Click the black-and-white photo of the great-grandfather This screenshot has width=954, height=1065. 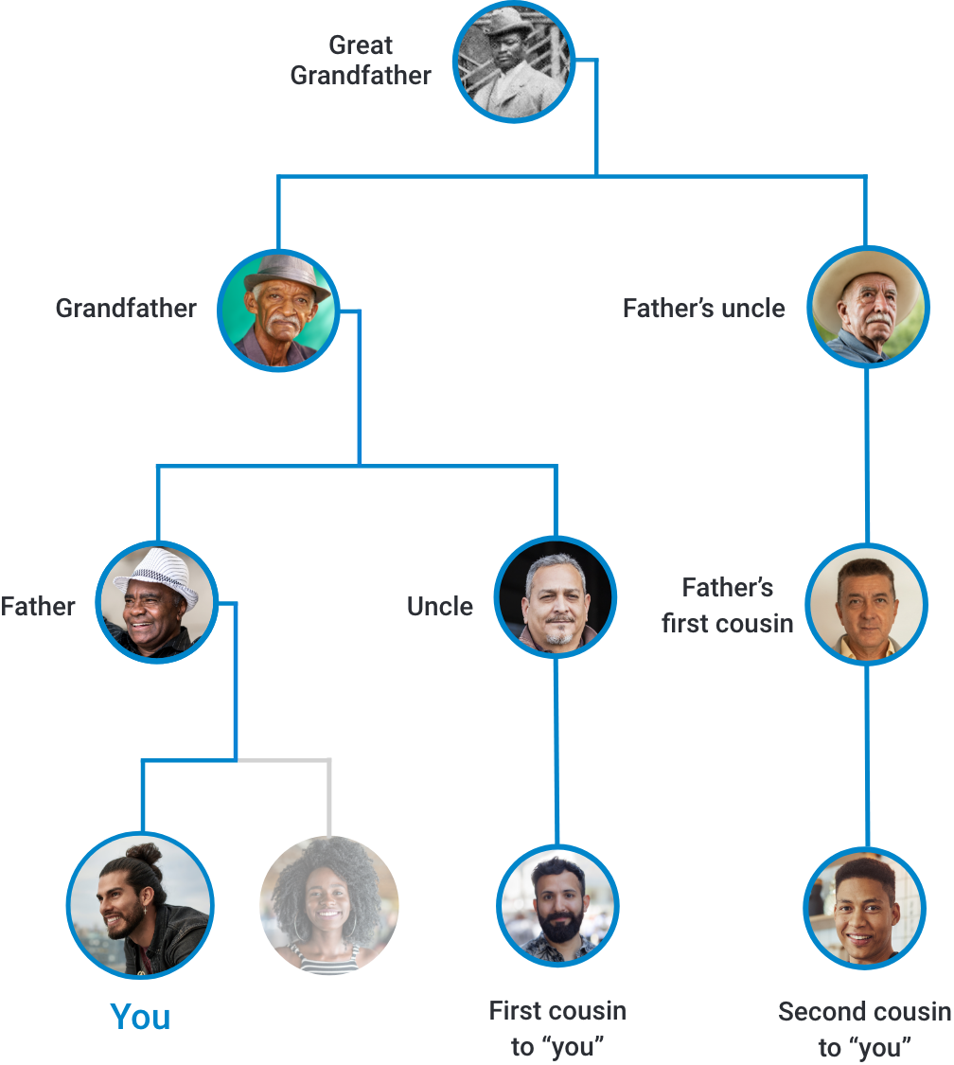pos(512,62)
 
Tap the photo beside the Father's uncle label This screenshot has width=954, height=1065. pos(868,307)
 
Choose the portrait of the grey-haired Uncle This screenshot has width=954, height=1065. pos(555,597)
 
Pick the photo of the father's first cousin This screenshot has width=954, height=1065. pos(865,604)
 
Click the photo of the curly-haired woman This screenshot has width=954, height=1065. pos(326,904)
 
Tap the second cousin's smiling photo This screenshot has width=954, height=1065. pos(863,907)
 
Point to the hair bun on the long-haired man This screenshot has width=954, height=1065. pos(144,854)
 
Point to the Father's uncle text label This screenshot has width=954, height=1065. pos(705,313)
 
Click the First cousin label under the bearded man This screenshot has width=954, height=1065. pos(556,1029)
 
